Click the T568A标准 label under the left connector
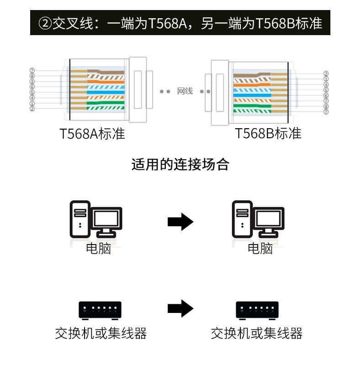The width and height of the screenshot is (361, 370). point(92,134)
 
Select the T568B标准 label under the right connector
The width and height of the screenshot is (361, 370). point(268,134)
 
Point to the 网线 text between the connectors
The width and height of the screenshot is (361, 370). point(185,91)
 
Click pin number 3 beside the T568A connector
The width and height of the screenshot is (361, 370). point(32,81)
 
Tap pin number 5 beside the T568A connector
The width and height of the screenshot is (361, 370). point(32,92)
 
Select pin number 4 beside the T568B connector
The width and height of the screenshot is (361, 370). point(326,84)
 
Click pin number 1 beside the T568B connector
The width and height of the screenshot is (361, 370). point(326,79)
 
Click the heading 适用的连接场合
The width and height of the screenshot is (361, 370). point(180,164)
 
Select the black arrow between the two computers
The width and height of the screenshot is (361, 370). point(180,222)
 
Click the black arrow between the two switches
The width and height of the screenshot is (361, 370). point(180,309)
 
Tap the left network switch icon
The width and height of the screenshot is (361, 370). point(100,310)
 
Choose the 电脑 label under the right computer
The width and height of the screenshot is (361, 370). point(260,249)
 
